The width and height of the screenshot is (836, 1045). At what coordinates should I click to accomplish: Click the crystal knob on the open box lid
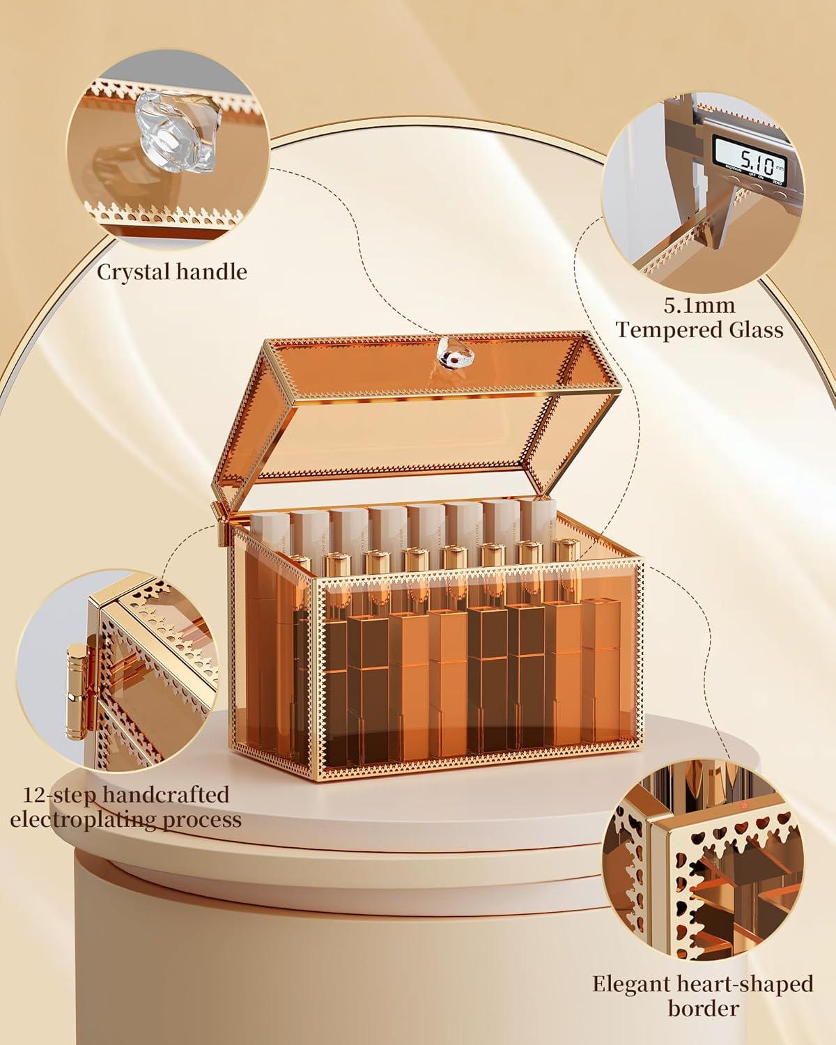tap(449, 352)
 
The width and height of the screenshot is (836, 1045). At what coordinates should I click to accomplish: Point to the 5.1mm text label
tap(699, 306)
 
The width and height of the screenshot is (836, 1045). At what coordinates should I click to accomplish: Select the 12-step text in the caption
tap(60, 795)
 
